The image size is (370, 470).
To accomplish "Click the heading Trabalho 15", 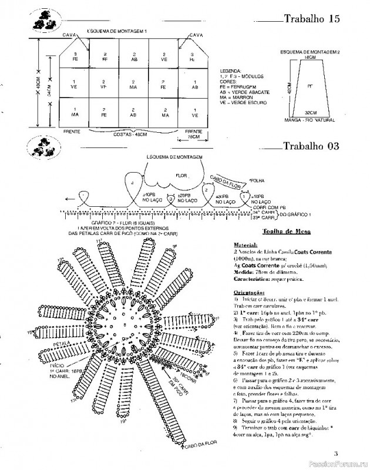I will tap(312, 19).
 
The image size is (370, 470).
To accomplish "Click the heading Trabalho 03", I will tap(311, 146).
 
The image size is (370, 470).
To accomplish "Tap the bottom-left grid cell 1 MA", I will tap(74, 112).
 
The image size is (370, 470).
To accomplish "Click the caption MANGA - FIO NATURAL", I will tap(310, 120).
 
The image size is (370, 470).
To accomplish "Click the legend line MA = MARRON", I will tap(236, 97).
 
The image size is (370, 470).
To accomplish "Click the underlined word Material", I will tap(245, 244).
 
